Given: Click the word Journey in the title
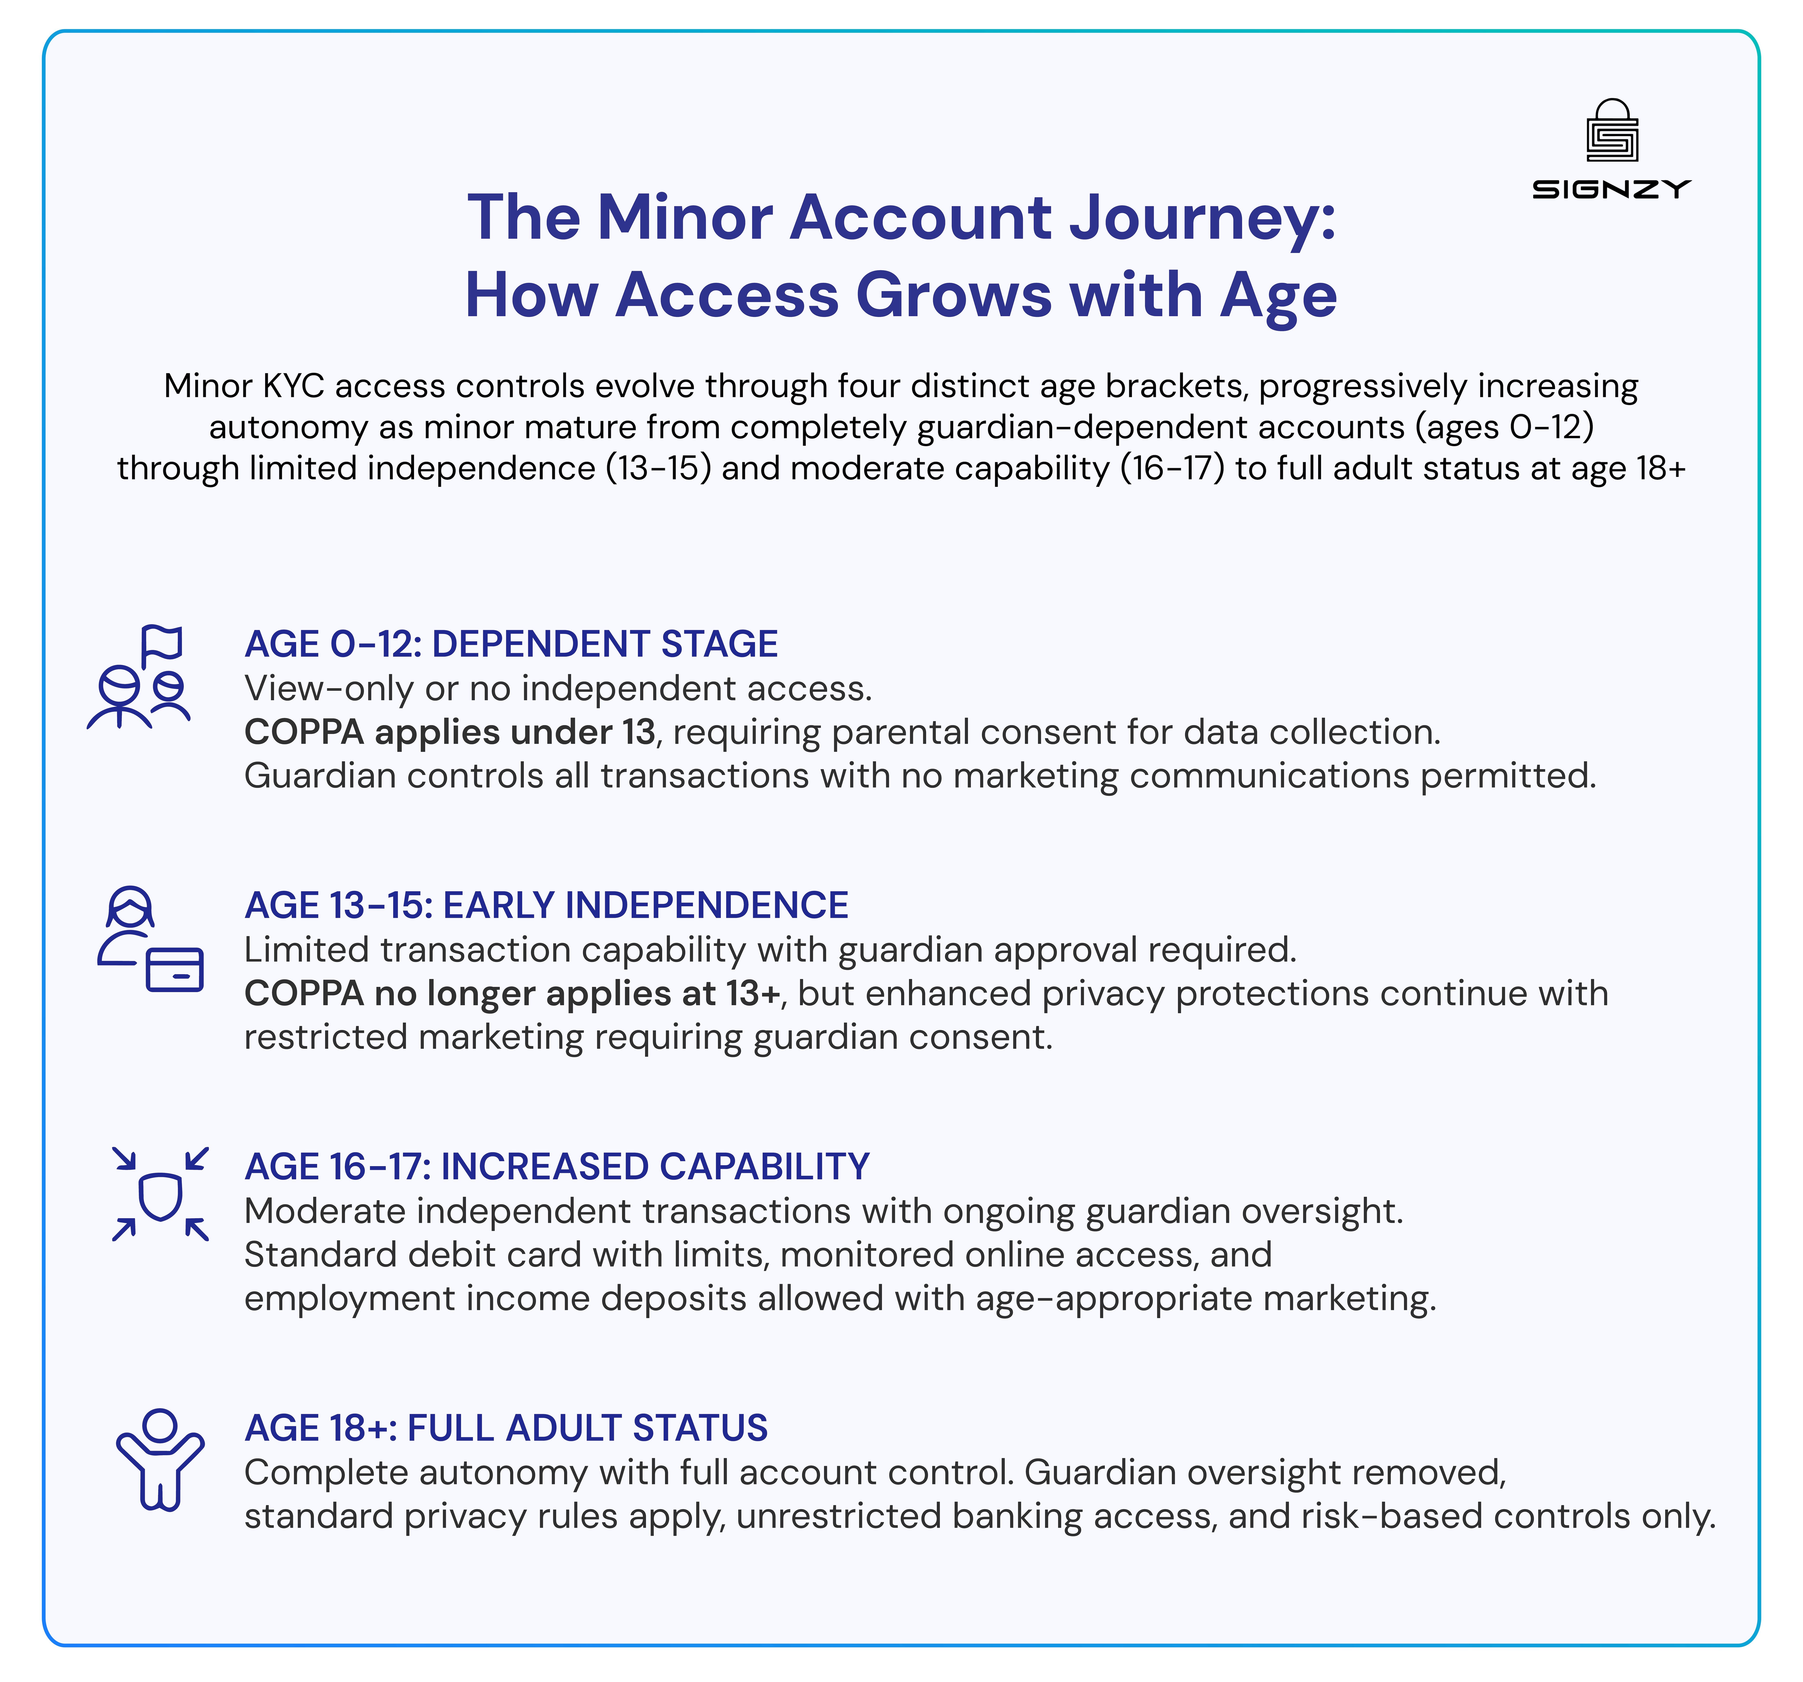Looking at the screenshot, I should [1202, 218].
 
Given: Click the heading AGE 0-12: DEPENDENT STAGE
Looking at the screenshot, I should [511, 644].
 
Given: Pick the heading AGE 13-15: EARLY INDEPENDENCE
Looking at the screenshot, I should [546, 905].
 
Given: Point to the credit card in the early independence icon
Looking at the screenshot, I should [175, 969].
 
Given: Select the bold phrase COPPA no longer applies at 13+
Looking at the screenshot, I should [512, 994].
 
